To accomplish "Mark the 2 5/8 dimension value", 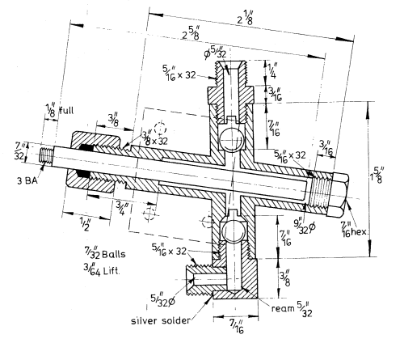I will point(193,35).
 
